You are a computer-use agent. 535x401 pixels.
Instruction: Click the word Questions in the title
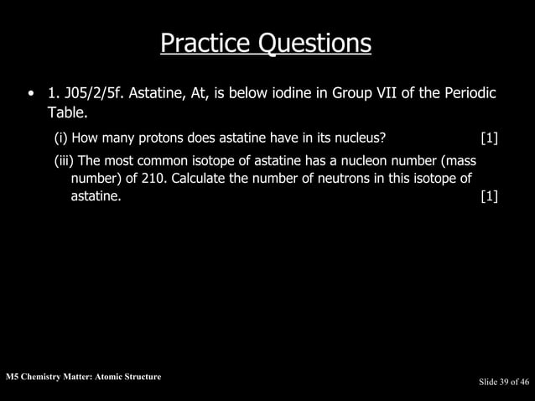314,43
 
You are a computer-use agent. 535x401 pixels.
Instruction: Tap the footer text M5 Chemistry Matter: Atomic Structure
82,377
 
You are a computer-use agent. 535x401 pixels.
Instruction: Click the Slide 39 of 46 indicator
503,383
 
